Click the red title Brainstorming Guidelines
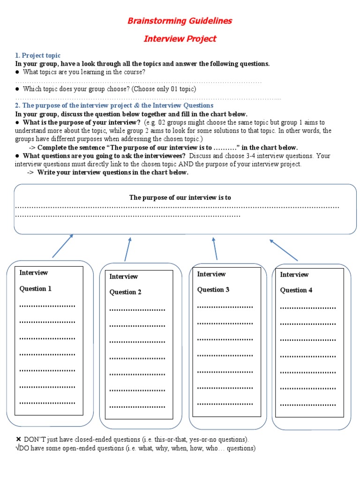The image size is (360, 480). [x=180, y=21]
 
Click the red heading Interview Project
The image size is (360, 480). [x=180, y=39]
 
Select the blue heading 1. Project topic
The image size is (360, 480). [x=38, y=56]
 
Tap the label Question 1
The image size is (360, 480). [x=36, y=289]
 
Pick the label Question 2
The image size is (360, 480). [x=126, y=292]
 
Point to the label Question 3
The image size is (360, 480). [x=213, y=290]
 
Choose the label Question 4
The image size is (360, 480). [x=296, y=290]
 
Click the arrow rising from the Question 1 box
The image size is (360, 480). [x=63, y=246]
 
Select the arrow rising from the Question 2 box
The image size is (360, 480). [x=127, y=249]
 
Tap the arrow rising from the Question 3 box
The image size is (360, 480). [x=215, y=248]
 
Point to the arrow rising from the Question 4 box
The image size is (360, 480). [x=284, y=250]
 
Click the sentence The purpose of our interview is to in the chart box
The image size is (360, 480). [x=180, y=198]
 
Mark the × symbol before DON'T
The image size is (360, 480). [x=18, y=440]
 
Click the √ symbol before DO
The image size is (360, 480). [x=18, y=449]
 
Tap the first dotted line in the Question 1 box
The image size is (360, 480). [x=47, y=306]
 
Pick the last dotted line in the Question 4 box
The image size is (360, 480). [x=308, y=405]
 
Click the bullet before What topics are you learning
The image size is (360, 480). [x=17, y=72]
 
